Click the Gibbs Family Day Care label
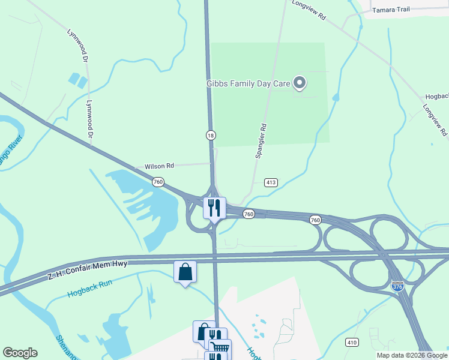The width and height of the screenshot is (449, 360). [x=249, y=83]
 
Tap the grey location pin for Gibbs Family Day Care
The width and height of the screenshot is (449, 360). [x=300, y=83]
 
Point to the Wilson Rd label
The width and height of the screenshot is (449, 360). [x=158, y=166]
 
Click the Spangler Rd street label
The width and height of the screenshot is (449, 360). [x=261, y=141]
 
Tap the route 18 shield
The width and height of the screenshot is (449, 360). [x=211, y=135]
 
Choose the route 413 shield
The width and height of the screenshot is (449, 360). [x=271, y=182]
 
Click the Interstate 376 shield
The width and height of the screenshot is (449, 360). [x=397, y=287]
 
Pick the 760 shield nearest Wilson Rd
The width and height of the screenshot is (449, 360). [x=158, y=181]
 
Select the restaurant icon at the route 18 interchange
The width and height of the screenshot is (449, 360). [x=214, y=208]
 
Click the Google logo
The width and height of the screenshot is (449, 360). [x=20, y=353]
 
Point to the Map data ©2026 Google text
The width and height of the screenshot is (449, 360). [x=412, y=355]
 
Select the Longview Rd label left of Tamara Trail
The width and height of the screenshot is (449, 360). [x=309, y=11]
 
